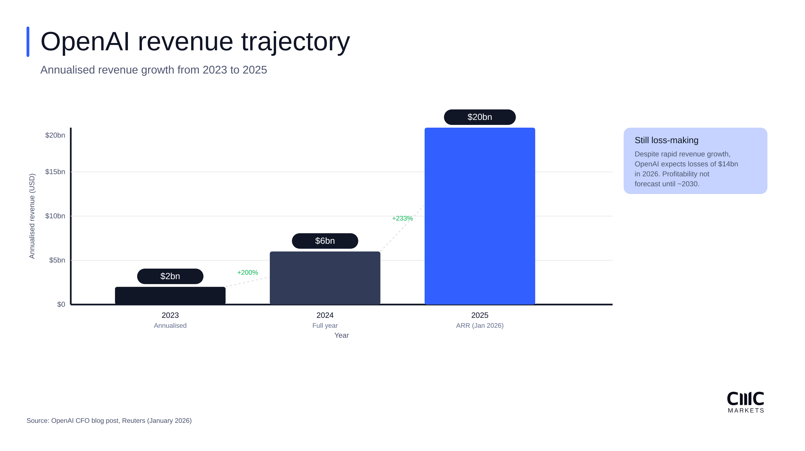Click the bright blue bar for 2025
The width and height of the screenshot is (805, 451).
[480, 215]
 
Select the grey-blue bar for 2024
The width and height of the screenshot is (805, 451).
[325, 278]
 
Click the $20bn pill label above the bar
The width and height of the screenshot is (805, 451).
[480, 117]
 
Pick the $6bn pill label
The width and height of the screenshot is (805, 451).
[325, 241]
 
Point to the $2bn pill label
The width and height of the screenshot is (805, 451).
[170, 276]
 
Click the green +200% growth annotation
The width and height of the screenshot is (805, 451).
[248, 272]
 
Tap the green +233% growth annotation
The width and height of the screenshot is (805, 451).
[402, 218]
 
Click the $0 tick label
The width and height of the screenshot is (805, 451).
[61, 304]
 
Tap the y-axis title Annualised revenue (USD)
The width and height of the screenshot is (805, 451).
[32, 216]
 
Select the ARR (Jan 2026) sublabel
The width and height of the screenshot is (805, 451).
[480, 325]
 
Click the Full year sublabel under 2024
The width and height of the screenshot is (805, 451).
[325, 325]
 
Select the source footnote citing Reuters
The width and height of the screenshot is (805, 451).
[109, 420]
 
